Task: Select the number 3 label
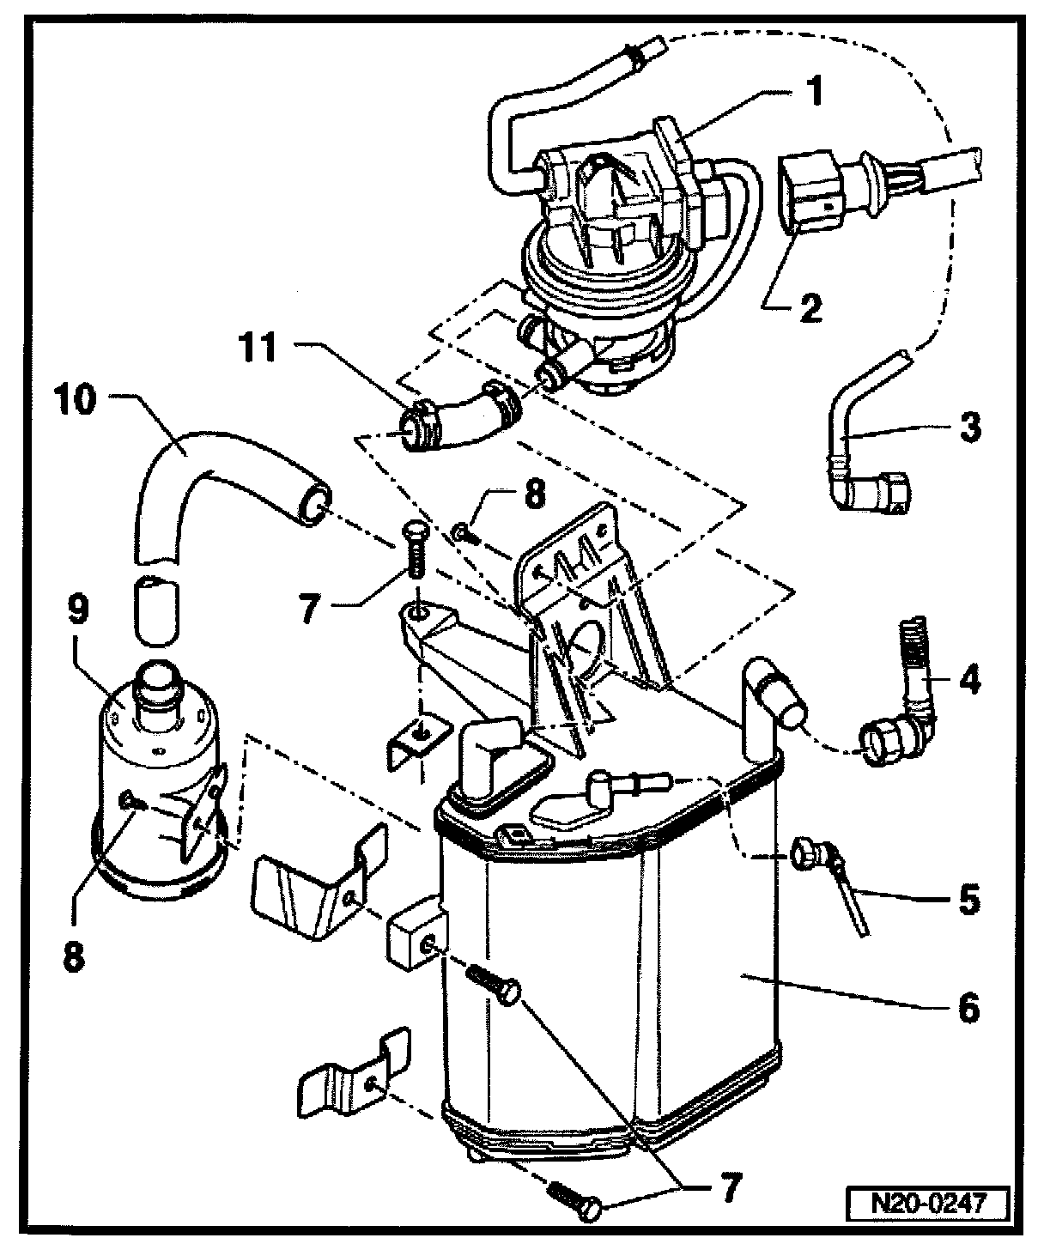[969, 427]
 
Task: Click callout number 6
[967, 1007]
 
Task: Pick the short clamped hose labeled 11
[455, 419]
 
